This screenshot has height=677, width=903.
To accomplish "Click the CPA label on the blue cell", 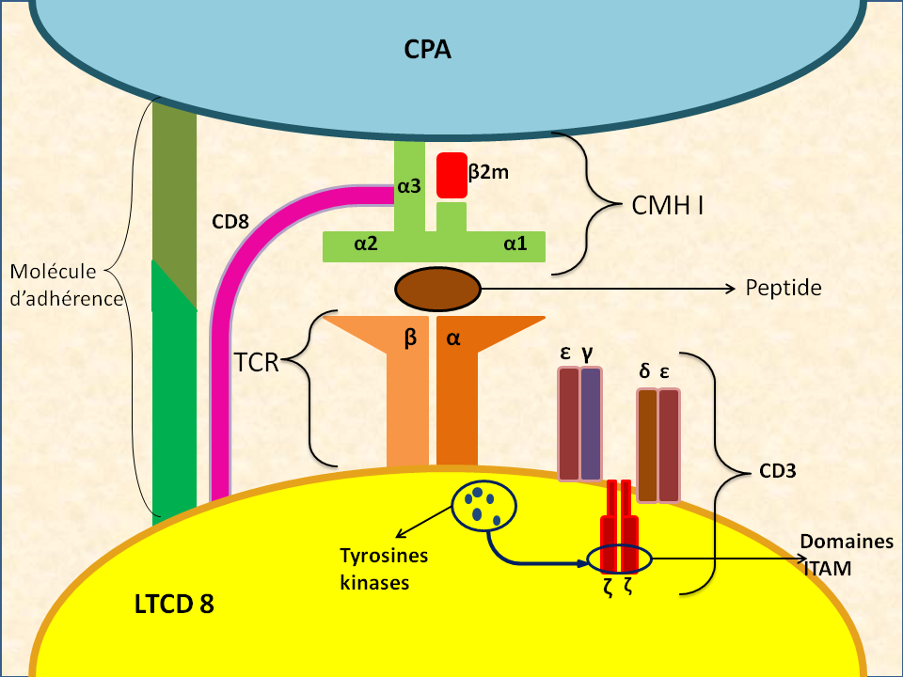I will [x=428, y=49].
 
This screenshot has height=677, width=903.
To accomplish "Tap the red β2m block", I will [x=451, y=176].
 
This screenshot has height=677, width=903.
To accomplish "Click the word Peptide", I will [x=784, y=288].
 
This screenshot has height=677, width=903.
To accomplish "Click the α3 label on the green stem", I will [x=409, y=186].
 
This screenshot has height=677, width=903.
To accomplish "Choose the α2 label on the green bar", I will [x=366, y=244].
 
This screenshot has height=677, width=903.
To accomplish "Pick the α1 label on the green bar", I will [x=515, y=244].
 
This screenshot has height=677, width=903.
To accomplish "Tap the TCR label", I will [x=258, y=362].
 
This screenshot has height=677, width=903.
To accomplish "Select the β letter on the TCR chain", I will [x=410, y=338].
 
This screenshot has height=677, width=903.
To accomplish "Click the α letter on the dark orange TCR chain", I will [x=452, y=338].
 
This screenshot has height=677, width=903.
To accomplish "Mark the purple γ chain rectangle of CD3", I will [x=591, y=424].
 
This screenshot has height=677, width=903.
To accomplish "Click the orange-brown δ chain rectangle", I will [x=647, y=445].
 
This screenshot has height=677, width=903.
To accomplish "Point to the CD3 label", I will [x=778, y=470].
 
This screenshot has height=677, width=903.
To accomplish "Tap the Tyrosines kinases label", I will [x=383, y=569].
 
